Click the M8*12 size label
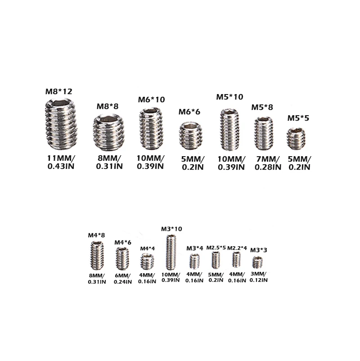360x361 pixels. point(58,91)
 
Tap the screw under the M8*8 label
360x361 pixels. point(108,132)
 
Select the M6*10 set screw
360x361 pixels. point(151,128)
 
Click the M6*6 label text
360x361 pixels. point(189,112)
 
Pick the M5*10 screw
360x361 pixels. point(229,130)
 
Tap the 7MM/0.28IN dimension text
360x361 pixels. point(268,163)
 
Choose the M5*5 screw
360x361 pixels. point(296,139)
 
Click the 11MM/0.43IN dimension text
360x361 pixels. point(61,162)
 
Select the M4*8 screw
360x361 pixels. point(97,255)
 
